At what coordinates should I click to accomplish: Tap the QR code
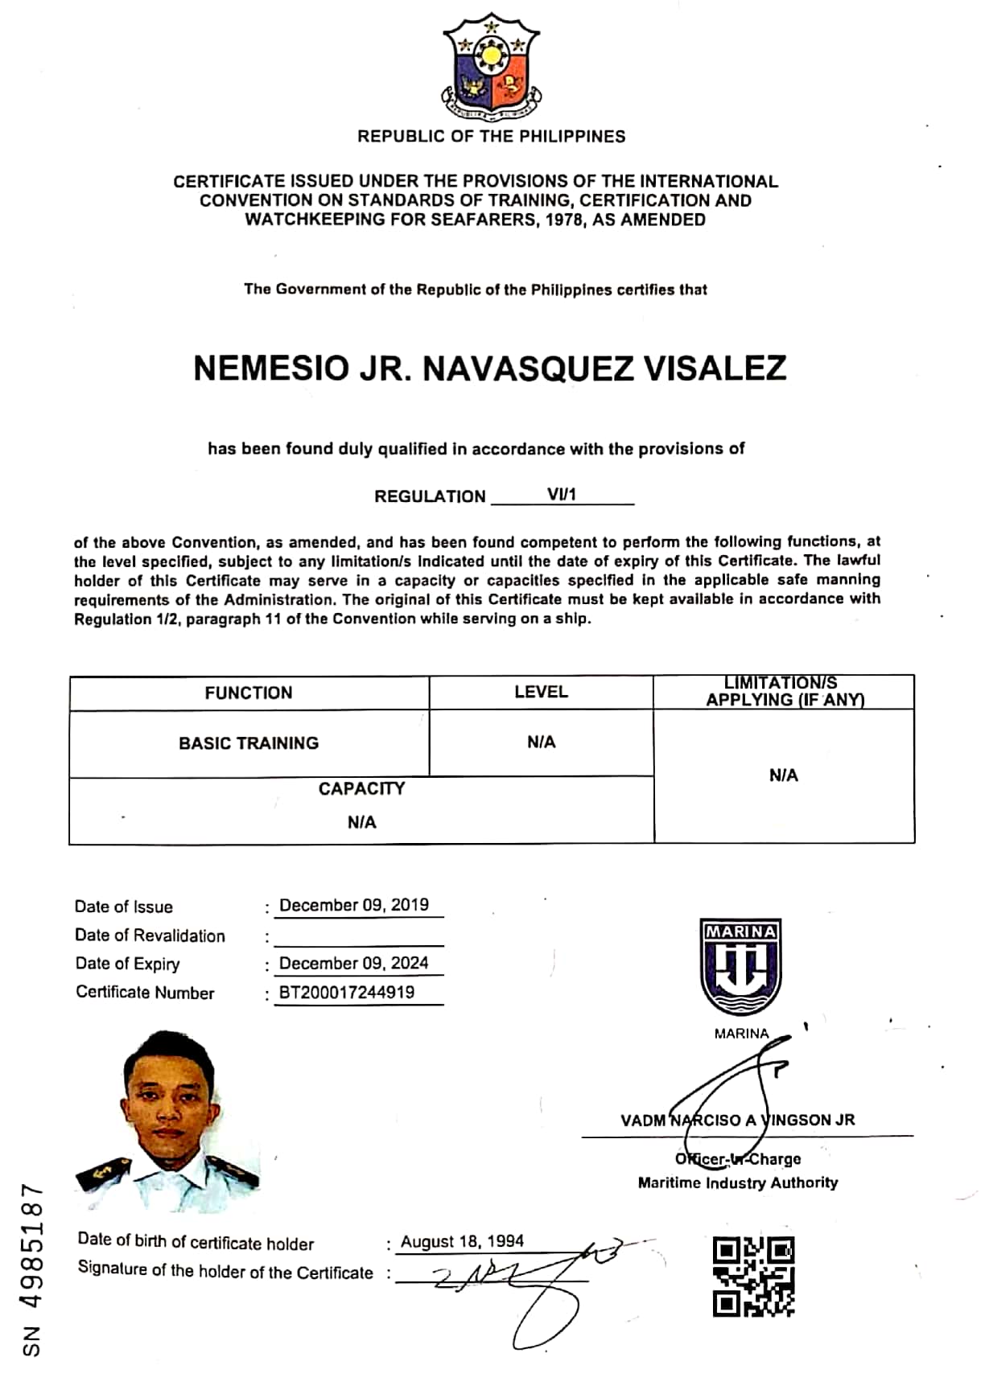pos(753,1276)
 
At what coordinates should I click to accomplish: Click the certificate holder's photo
pos(168,1121)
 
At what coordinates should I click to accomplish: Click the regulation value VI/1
pos(562,495)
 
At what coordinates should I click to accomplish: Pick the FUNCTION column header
pos(249,693)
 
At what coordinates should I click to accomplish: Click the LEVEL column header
pos(541,692)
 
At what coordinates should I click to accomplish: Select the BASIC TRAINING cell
pos(249,743)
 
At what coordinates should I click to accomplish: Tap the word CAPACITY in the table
pos(361,789)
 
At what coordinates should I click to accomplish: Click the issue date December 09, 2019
pos(354,905)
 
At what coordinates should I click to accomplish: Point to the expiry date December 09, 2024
pos(354,963)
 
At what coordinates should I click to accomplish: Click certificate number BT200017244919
pos(347,992)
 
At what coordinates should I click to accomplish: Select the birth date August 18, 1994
pos(462,1241)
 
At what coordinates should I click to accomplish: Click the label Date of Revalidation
pos(150,936)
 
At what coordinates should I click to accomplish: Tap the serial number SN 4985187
pos(32,1270)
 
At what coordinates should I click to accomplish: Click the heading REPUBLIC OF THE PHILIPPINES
pos(491,136)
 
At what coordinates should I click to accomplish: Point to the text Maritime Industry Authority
pos(738,1182)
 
